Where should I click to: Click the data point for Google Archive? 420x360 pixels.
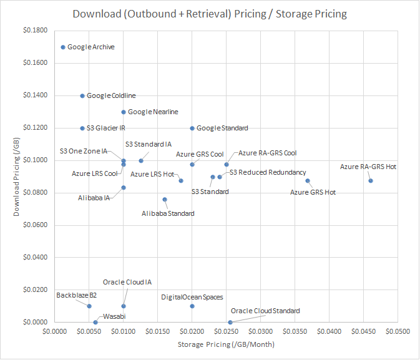(63, 47)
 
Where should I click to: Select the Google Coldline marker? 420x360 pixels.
(82, 95)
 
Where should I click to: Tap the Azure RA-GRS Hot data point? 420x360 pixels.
(371, 180)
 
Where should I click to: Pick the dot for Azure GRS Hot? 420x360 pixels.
(308, 180)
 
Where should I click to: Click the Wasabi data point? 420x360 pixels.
(95, 322)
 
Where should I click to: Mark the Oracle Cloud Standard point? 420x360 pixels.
(230, 322)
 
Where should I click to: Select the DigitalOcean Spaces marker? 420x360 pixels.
(192, 306)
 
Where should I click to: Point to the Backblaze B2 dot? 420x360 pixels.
(89, 306)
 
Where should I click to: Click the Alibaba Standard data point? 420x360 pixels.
(165, 200)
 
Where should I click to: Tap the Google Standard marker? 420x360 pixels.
(192, 128)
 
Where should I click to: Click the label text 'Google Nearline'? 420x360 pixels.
(153, 112)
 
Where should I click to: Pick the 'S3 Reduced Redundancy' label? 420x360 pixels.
(268, 172)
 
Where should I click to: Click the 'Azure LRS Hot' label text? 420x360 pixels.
(152, 174)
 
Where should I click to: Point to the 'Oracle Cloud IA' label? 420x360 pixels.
(127, 282)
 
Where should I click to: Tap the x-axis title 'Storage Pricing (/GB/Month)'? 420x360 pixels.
(227, 344)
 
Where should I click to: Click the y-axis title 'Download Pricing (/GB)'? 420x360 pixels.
(15, 176)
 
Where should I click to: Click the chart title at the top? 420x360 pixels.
(210, 13)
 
